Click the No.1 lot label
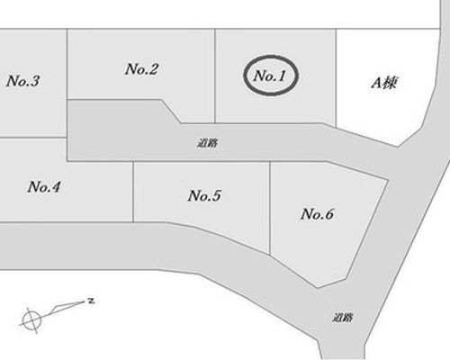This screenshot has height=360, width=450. [270, 76]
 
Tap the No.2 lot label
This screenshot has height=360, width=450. [141, 69]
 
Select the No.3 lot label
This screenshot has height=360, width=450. [22, 81]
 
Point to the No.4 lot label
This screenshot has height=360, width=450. [44, 187]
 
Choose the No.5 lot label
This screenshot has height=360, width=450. [204, 195]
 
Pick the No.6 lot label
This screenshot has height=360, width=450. [317, 214]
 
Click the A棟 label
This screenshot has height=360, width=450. [383, 83]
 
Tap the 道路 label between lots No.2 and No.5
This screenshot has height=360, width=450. [208, 143]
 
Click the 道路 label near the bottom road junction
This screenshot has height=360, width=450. [343, 318]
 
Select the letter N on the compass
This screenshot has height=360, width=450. [91, 301]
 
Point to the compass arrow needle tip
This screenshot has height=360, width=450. [85, 301]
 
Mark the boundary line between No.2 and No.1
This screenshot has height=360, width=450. [215, 76]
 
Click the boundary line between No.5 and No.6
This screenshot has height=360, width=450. [270, 208]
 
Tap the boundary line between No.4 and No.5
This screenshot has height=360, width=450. [133, 192]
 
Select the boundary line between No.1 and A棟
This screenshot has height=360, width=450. [336, 78]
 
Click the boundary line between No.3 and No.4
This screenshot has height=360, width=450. [33, 138]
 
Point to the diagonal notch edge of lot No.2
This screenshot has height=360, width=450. [171, 112]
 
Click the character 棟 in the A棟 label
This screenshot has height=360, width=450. [390, 83]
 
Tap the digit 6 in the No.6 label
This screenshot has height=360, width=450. [328, 214]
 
